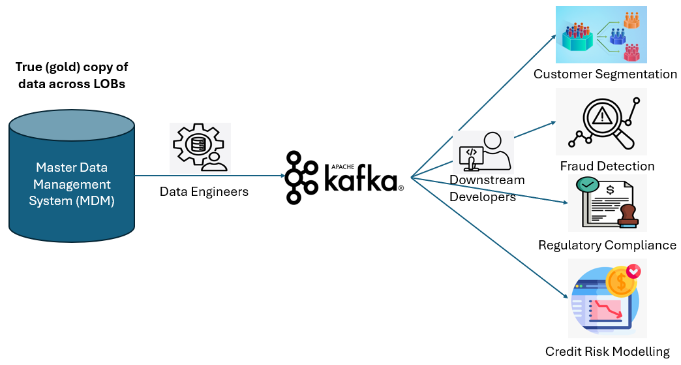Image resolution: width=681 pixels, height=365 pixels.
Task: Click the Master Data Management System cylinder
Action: [x=72, y=176]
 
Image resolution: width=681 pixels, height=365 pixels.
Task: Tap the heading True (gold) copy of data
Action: [x=72, y=75]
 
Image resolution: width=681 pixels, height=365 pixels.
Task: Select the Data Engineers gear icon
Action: [x=200, y=148]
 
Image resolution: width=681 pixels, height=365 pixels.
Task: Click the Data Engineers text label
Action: [x=204, y=191]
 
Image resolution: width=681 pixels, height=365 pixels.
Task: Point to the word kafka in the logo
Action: [x=361, y=177]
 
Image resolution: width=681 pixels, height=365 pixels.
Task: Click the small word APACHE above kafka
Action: [x=342, y=167]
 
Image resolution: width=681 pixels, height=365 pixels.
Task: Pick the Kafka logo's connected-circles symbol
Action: [x=301, y=177]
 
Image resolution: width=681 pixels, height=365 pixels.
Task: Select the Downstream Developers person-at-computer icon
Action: [x=483, y=152]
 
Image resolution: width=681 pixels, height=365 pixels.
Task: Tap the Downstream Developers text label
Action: [x=487, y=188]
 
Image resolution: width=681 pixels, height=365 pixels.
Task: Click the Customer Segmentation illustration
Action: [x=601, y=35]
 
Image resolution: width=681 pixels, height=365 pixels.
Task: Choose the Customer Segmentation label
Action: [x=605, y=74]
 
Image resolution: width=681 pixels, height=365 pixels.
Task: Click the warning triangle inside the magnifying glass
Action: [x=602, y=116]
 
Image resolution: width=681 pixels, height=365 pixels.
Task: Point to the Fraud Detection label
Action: [x=607, y=166]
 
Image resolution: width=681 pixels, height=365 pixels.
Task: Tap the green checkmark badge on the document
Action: [x=587, y=185]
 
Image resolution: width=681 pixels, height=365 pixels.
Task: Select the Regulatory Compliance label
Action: [x=607, y=245]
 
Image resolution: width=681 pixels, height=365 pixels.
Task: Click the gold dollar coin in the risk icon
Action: [x=622, y=282]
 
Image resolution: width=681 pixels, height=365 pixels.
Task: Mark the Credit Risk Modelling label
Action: [x=607, y=351]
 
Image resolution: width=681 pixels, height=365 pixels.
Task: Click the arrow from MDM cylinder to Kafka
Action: [x=210, y=176]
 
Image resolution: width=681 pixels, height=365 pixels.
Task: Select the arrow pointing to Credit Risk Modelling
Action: [x=489, y=238]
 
